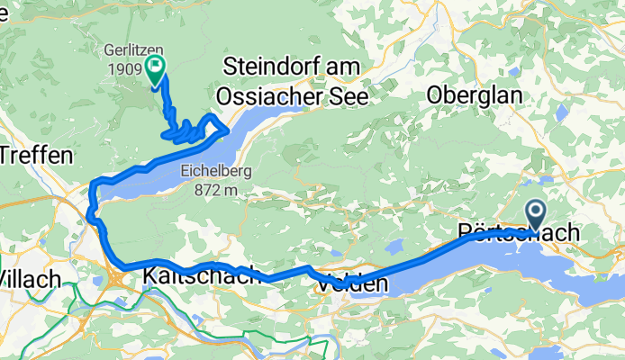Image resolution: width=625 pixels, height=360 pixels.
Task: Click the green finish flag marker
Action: point(156,67)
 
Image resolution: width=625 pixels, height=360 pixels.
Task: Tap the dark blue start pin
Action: point(535,214)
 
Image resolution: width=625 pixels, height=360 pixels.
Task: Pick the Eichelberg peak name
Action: point(213,170)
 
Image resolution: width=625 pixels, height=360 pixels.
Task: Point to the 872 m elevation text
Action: point(213,189)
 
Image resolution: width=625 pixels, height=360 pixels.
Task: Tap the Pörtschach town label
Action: point(519,232)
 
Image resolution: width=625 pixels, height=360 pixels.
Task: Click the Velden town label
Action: point(352,283)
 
